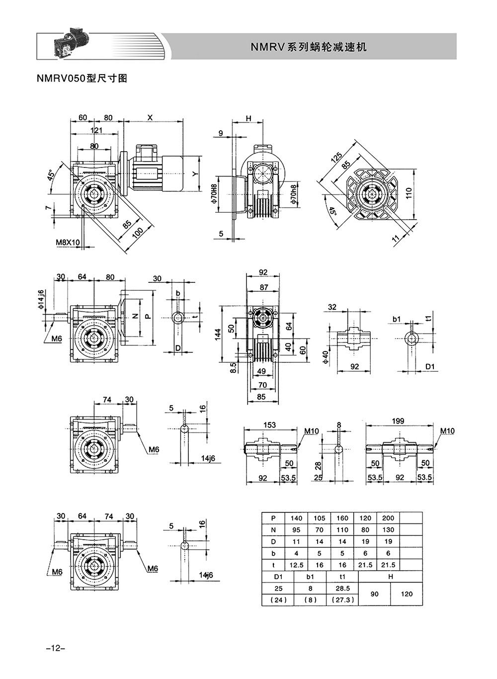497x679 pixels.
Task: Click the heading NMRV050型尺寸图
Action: pos(82,79)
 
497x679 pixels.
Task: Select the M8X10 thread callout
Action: pos(68,242)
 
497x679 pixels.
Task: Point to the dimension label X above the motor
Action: pos(150,118)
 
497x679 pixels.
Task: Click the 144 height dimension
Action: pos(218,335)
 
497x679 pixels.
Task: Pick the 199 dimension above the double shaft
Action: pos(398,421)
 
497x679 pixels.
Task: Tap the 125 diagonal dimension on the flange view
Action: pos(336,157)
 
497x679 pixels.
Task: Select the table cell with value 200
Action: pos(388,518)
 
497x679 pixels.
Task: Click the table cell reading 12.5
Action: pos(296,565)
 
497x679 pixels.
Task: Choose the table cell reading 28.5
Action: pos(342,588)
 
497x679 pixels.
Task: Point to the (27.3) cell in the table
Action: pos(342,600)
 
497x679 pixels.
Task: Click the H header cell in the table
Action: pos(390,577)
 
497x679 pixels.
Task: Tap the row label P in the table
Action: pos(273,518)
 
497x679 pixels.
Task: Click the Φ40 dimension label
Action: pos(325,358)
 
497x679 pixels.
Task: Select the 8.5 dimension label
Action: pos(233,368)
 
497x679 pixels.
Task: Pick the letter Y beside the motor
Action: pos(195,173)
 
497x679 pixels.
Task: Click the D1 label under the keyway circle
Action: pos(430,366)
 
